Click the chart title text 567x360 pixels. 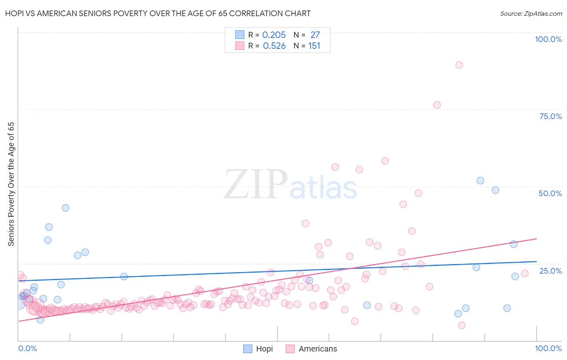[x=158, y=13]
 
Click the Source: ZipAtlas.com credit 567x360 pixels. [x=531, y=13]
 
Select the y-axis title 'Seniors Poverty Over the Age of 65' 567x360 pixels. [x=11, y=184]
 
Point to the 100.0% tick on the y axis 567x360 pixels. [x=548, y=39]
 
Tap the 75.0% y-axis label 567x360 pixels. [x=550, y=116]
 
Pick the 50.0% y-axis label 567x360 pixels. [x=550, y=193]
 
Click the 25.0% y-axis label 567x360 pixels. [x=550, y=271]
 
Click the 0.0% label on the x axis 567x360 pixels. [x=27, y=348]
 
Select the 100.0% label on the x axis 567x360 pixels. [x=548, y=348]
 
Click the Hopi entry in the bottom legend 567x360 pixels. [x=258, y=349]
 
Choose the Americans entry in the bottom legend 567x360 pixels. [x=311, y=349]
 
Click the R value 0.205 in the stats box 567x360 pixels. [x=274, y=35]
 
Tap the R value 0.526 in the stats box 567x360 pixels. [x=274, y=46]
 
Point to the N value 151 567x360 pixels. [x=314, y=46]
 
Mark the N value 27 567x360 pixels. [x=315, y=35]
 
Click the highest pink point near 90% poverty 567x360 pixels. [x=459, y=65]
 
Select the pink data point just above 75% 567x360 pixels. [x=437, y=105]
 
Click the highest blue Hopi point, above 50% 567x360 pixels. [x=480, y=181]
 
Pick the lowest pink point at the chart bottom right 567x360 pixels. [x=462, y=325]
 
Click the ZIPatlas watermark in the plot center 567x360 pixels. [x=290, y=185]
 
